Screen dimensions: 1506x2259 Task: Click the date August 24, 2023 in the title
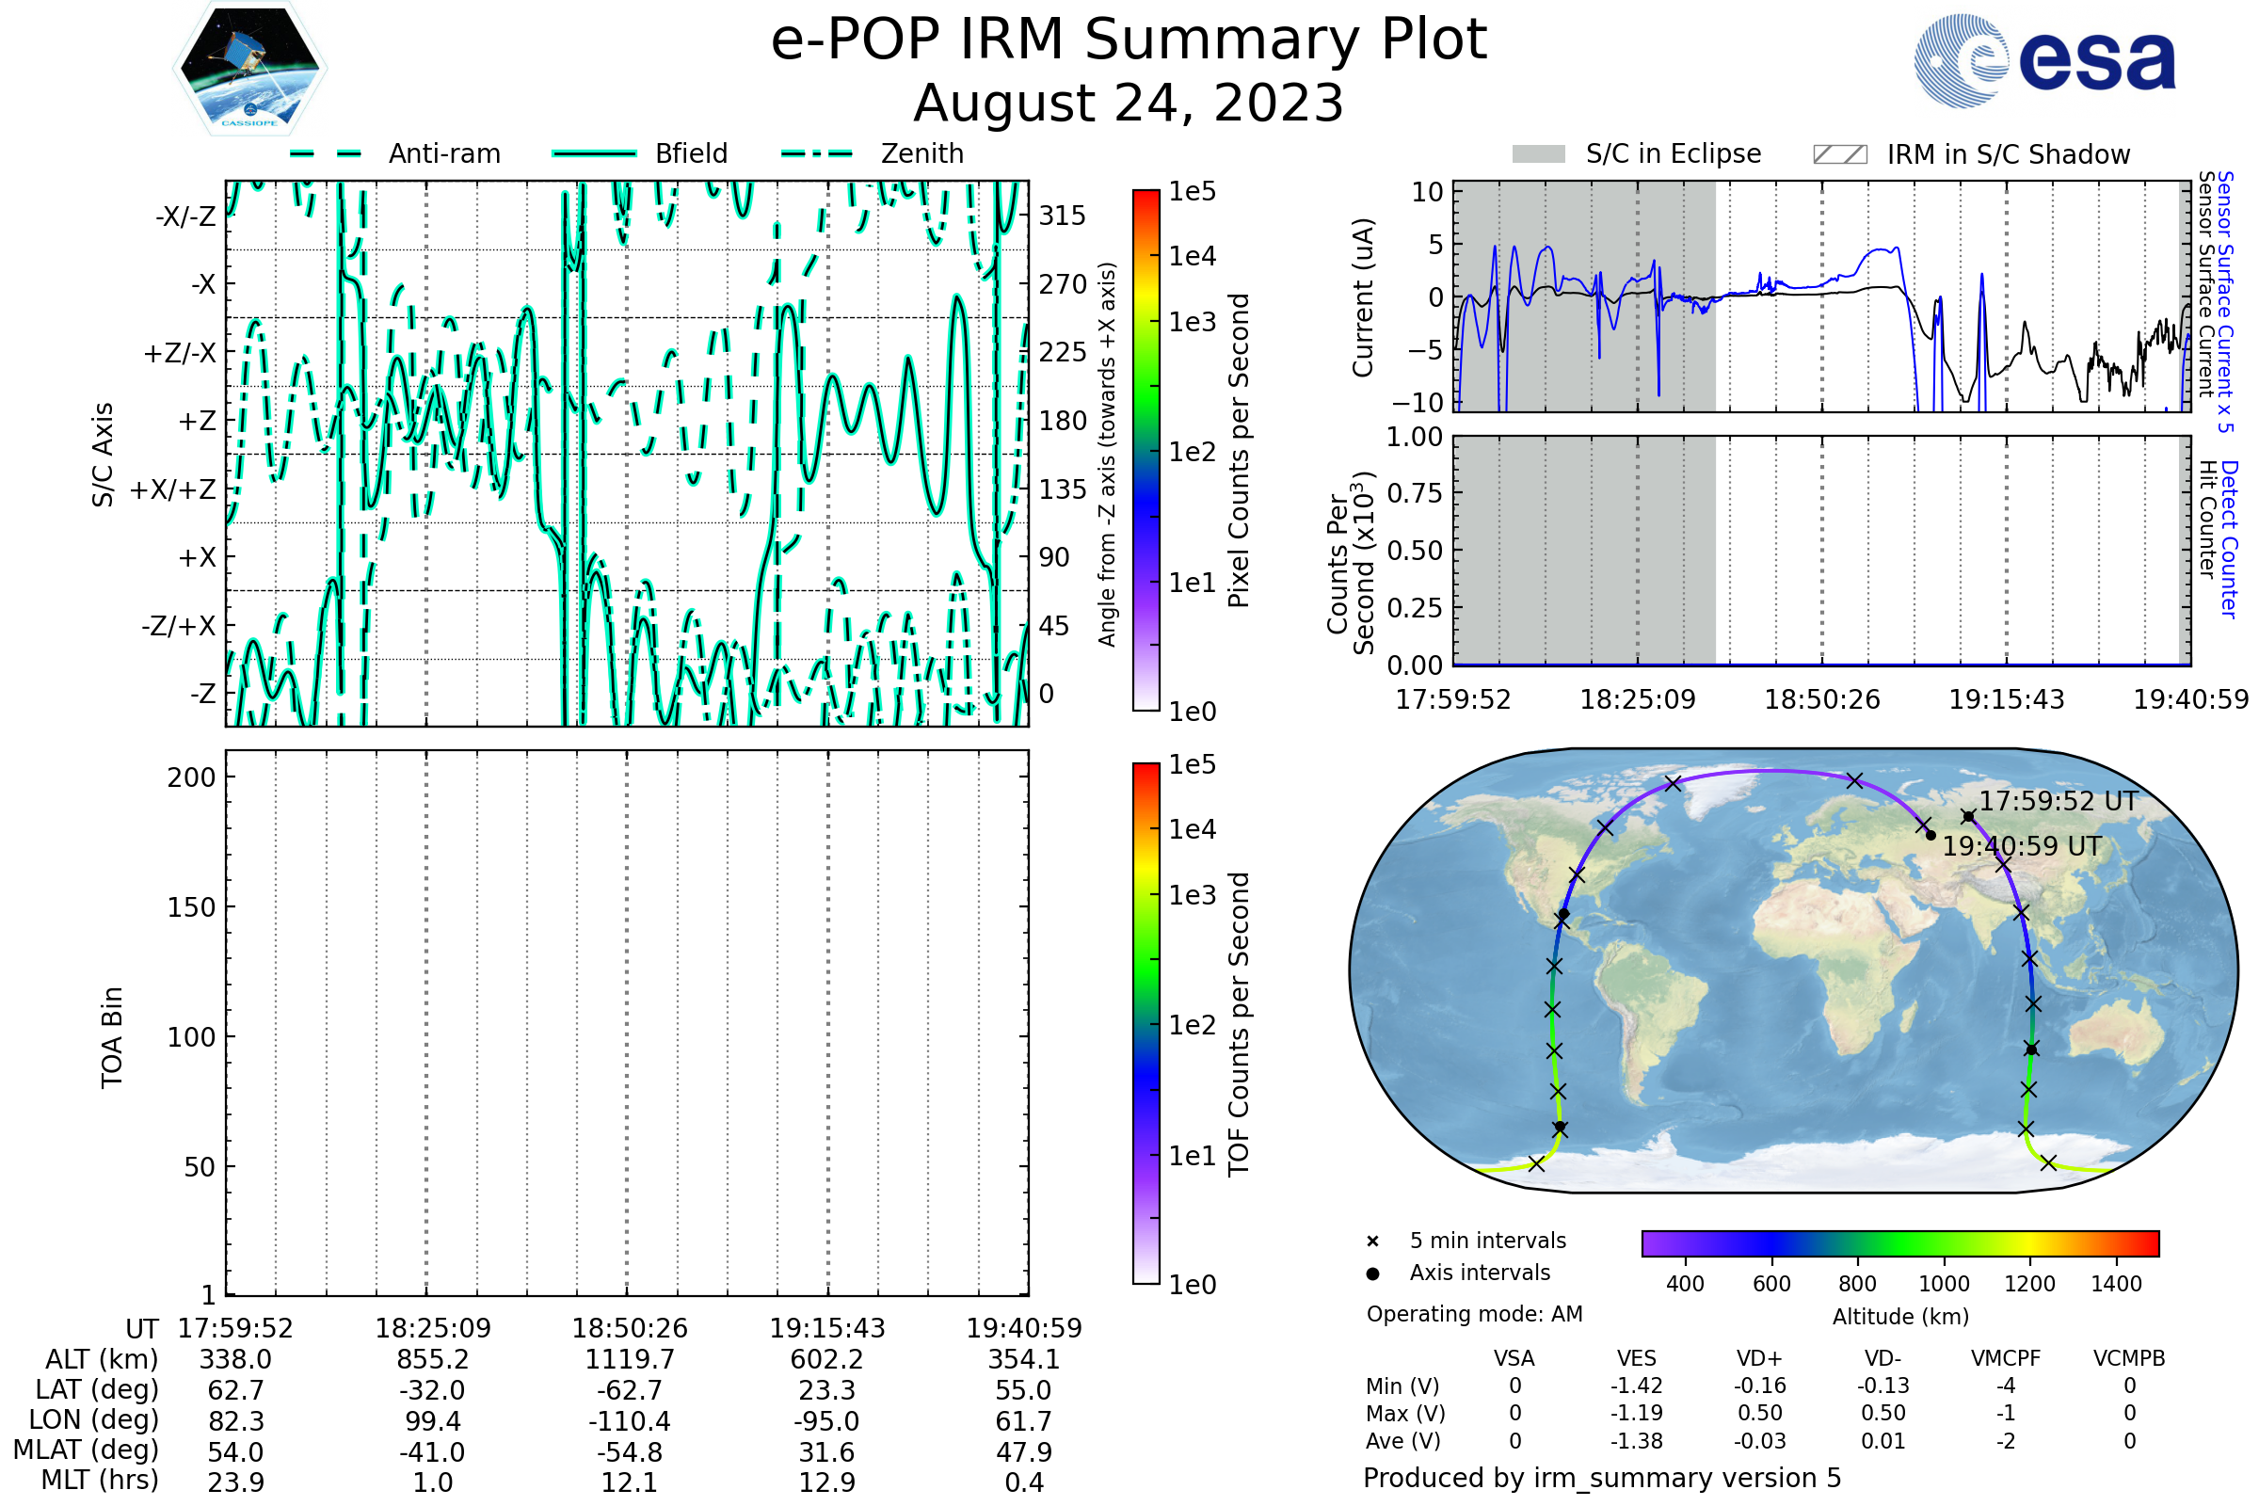point(1128,103)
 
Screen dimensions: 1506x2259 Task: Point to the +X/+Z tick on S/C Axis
point(173,489)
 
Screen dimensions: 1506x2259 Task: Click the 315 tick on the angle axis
point(1063,216)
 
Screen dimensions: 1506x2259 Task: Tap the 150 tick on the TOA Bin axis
point(191,907)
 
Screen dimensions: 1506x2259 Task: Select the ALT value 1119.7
point(629,1360)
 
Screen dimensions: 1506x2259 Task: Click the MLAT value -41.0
point(432,1452)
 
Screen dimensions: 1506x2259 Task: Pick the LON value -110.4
point(629,1421)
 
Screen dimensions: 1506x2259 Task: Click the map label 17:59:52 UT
point(2059,801)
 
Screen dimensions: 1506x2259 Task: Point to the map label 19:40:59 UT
point(2022,846)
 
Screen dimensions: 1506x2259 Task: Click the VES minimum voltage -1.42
point(1636,1386)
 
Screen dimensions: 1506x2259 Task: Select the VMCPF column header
point(2006,1358)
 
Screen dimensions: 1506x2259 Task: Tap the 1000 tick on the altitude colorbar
point(1944,1284)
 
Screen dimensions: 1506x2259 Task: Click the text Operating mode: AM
point(1474,1314)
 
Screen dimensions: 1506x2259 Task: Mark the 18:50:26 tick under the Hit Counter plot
point(1822,699)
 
